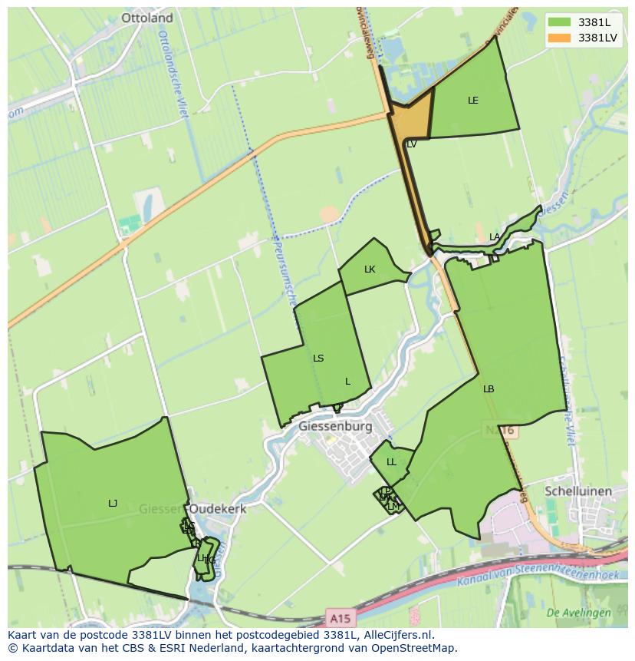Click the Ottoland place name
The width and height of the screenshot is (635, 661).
tap(147, 18)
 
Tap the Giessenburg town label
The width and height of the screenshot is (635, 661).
tap(335, 426)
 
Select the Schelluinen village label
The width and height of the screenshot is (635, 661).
tap(578, 491)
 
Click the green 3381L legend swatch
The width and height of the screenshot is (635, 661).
tap(560, 21)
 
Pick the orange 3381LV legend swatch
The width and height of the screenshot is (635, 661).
tap(560, 37)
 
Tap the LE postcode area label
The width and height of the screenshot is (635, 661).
tap(473, 101)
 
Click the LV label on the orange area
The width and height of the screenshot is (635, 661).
tap(411, 144)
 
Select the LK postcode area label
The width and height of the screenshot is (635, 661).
tap(370, 269)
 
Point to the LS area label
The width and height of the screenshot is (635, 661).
tap(318, 359)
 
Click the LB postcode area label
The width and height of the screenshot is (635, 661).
tap(489, 389)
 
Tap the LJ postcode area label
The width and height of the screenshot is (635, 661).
tap(113, 504)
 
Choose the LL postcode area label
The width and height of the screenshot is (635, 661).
tap(391, 462)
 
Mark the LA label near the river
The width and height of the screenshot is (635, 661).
tap(495, 237)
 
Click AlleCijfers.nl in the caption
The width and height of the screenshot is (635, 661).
tap(396, 635)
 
